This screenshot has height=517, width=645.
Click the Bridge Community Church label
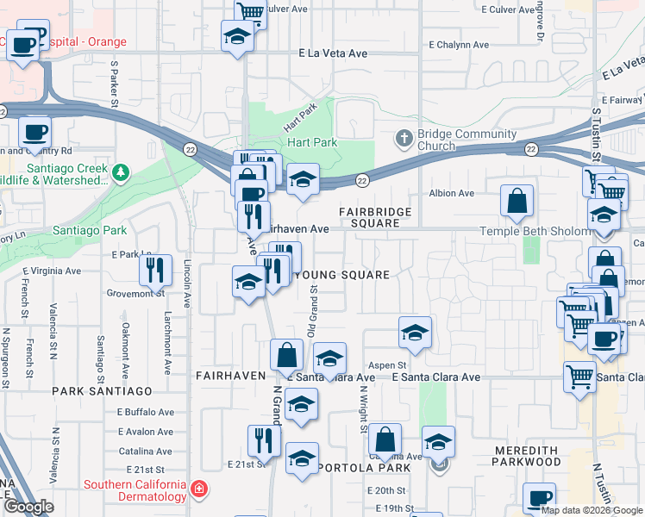467,140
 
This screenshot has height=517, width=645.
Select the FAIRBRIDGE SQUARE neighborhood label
374,217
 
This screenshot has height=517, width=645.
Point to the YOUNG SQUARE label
342,275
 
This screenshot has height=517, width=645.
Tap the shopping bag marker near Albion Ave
517,202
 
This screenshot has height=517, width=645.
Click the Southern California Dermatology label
135,489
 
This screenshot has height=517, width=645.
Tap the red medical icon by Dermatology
199,489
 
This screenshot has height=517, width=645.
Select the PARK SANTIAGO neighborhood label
95,390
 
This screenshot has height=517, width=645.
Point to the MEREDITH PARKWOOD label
526,456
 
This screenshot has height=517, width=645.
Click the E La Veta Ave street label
333,53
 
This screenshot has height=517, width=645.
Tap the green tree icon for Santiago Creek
121,174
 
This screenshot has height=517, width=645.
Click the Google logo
28,507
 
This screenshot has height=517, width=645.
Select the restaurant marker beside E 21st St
264,441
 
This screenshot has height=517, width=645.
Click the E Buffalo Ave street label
146,413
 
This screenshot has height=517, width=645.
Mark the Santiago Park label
90,230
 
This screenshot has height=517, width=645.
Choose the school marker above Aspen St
415,333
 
